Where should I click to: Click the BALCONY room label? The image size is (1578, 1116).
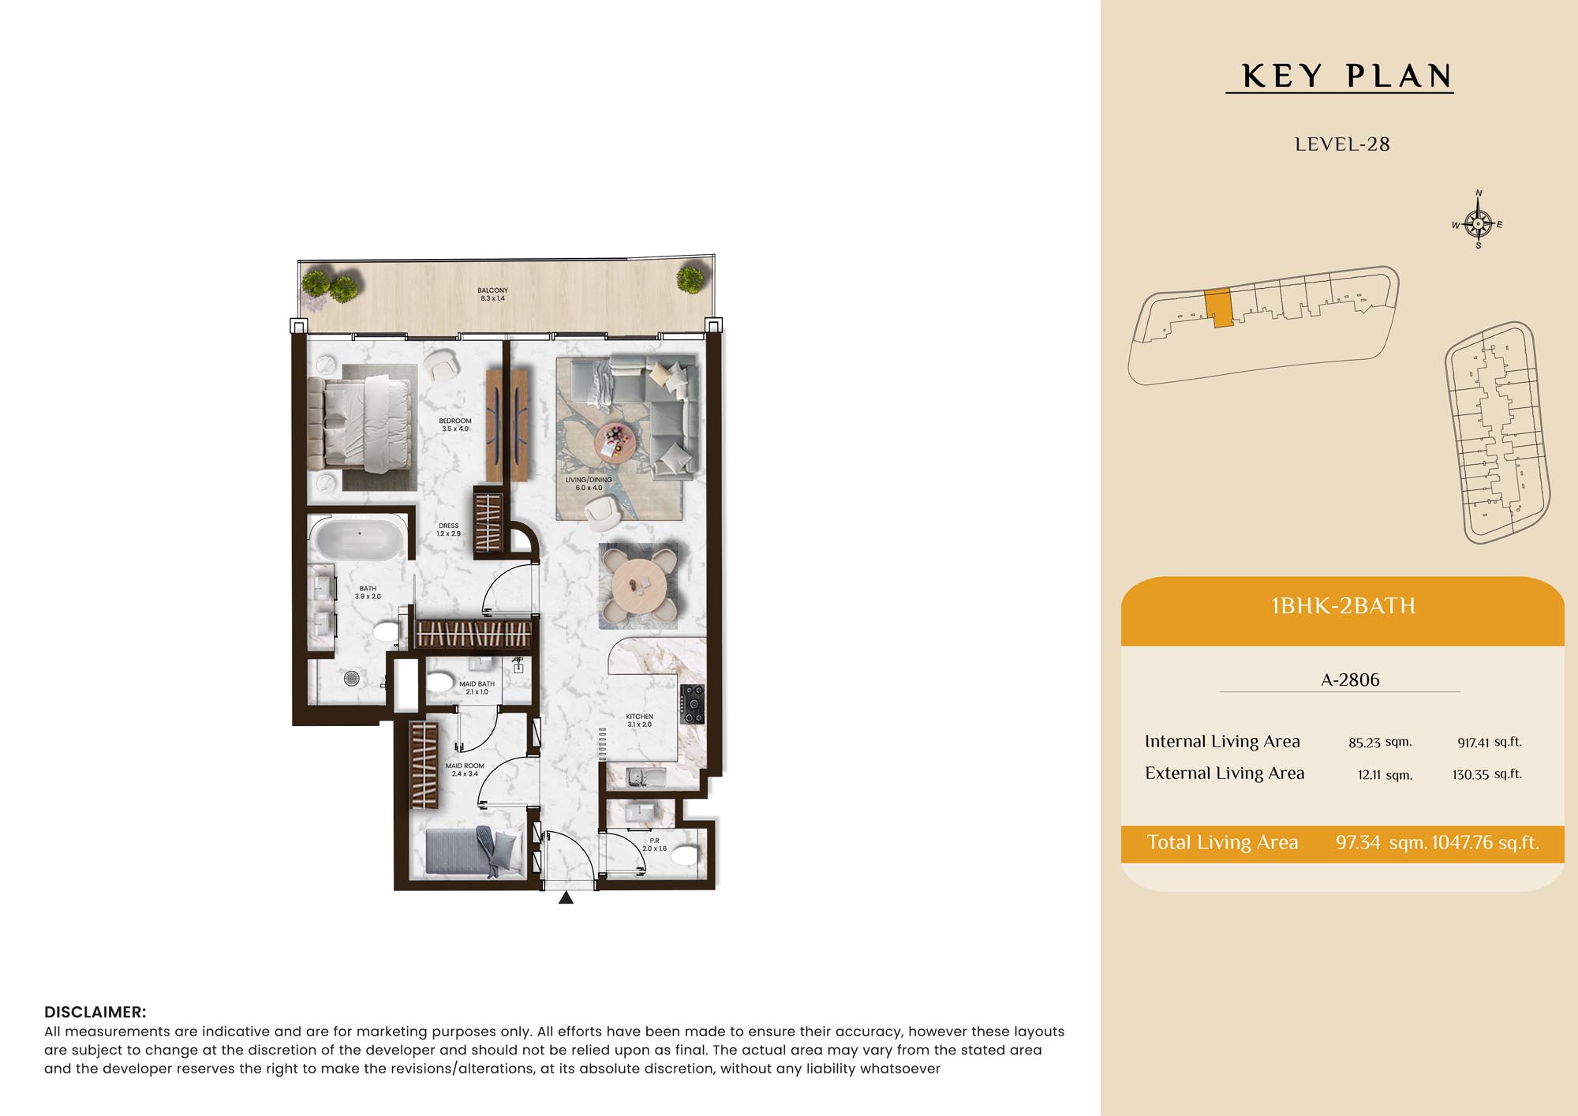click(x=492, y=294)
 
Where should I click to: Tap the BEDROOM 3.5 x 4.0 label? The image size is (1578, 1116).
click(x=455, y=425)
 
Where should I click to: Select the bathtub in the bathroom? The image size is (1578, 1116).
click(x=358, y=539)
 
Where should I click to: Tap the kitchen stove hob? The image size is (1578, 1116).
click(x=692, y=704)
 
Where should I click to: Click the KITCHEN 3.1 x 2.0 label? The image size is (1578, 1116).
click(x=639, y=721)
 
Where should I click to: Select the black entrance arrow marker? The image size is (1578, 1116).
click(x=566, y=897)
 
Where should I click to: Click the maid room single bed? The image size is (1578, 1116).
click(x=474, y=852)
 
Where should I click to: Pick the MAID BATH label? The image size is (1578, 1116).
click(x=477, y=688)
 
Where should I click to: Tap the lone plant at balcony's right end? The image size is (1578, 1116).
click(x=690, y=279)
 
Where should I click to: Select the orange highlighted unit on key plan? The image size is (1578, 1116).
click(x=1218, y=308)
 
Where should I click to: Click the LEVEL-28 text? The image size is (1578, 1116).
click(x=1342, y=144)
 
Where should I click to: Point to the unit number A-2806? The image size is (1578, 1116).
click(x=1350, y=680)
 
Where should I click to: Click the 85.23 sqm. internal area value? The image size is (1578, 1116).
click(x=1380, y=742)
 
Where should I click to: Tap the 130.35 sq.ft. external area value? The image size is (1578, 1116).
click(x=1486, y=774)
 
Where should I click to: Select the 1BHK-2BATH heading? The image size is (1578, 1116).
click(x=1343, y=606)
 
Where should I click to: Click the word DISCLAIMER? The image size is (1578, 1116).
click(x=95, y=1012)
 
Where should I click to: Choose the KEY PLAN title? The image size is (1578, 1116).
click(x=1347, y=76)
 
